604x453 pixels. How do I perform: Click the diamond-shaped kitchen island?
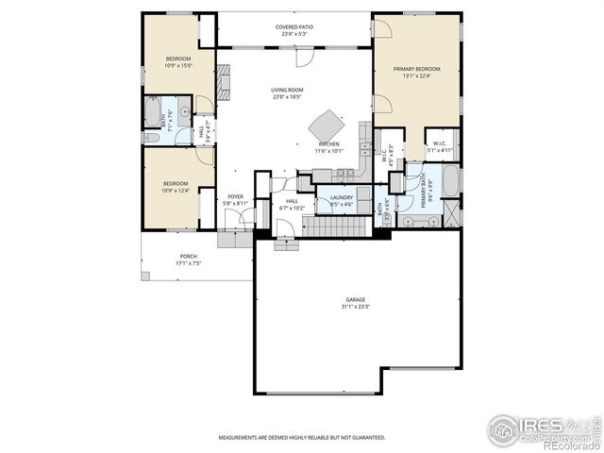pos(327,125)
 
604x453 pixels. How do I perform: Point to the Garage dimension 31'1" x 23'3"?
pos(355,303)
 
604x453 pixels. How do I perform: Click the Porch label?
pos(189,260)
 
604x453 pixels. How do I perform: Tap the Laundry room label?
pos(341,200)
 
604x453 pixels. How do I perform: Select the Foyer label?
pos(235,199)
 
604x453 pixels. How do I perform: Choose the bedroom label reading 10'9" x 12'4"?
pos(176,187)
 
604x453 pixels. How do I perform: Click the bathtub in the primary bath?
pos(450,180)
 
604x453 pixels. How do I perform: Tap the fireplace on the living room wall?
pos(224,82)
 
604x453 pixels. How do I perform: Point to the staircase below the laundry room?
pos(336,226)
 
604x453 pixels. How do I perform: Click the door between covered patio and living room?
pos(302,59)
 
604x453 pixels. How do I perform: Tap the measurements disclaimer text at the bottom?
pos(302,438)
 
